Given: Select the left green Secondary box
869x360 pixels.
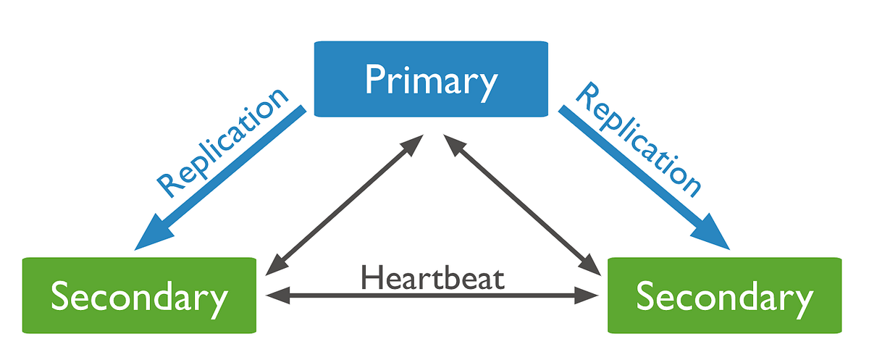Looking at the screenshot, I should pyautogui.click(x=139, y=295).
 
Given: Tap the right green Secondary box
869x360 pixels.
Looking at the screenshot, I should pyautogui.click(x=724, y=295).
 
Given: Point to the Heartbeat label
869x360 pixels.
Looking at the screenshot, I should pyautogui.click(x=432, y=277).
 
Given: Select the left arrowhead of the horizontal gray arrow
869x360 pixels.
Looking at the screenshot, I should pyautogui.click(x=274, y=295).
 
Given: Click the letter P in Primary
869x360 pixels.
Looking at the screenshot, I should pyautogui.click(x=374, y=79).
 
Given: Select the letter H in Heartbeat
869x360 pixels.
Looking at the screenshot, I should pyautogui.click(x=371, y=277).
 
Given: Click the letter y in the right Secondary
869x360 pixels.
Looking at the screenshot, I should pyautogui.click(x=802, y=301).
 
